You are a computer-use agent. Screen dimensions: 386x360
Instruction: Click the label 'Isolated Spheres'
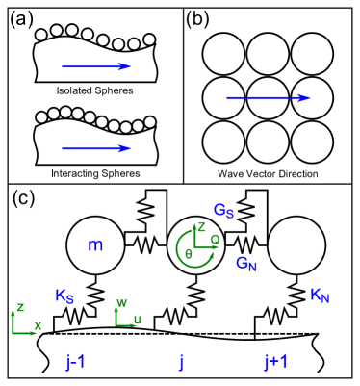[94, 90]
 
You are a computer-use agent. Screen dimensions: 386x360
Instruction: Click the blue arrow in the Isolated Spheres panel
[95, 66]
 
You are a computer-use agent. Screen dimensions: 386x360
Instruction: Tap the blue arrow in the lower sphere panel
[95, 148]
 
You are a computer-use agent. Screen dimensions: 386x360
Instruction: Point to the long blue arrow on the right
[269, 97]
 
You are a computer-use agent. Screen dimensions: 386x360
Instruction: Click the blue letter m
[95, 245]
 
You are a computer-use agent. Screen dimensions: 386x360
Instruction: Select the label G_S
[223, 210]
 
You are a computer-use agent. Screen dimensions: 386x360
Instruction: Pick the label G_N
[246, 263]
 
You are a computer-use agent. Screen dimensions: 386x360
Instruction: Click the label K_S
[64, 296]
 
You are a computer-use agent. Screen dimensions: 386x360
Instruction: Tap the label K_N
[320, 296]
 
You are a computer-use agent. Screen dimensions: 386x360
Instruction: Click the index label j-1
[76, 362]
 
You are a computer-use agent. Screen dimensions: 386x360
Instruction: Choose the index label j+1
[275, 362]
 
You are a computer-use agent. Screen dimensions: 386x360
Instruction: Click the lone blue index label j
[180, 362]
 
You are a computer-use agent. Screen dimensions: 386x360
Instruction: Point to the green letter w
[121, 302]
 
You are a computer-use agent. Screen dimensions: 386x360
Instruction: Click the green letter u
[138, 320]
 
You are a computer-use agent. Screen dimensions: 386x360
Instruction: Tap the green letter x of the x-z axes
[38, 325]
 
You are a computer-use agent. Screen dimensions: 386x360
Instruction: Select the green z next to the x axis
[20, 308]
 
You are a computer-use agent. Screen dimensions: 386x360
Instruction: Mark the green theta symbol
[188, 252]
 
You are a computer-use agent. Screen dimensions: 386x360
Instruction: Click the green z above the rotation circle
[201, 226]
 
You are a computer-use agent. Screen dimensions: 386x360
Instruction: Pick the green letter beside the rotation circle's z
[214, 239]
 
